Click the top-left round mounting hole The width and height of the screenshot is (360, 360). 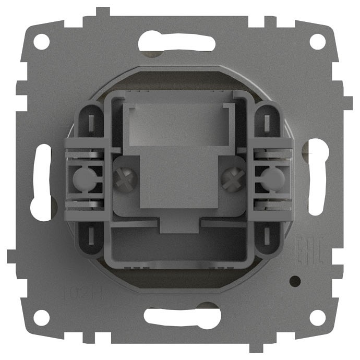pyautogui.click(x=42, y=42)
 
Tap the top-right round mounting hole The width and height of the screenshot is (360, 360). pyautogui.click(x=317, y=42)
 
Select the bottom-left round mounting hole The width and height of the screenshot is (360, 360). pyautogui.click(x=42, y=317)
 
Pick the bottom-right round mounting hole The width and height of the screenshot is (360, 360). pyautogui.click(x=317, y=317)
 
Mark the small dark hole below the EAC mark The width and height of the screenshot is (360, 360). pyautogui.click(x=296, y=281)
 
